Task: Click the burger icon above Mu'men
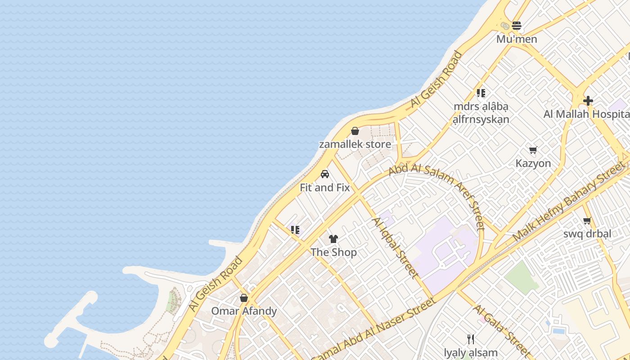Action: [517, 26]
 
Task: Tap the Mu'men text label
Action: [517, 39]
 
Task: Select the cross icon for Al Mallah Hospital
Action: [588, 101]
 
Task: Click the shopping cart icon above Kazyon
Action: [533, 150]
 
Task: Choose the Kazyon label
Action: [533, 163]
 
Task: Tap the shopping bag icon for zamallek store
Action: [355, 131]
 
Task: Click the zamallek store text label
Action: [355, 144]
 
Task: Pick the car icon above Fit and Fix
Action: [325, 174]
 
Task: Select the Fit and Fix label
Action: [325, 188]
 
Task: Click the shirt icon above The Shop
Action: [333, 239]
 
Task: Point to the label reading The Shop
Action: [333, 252]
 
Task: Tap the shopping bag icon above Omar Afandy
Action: [244, 298]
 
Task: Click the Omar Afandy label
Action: [244, 311]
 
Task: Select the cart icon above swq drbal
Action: [587, 220]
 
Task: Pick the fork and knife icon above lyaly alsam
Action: [471, 339]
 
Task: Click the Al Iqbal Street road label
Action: [395, 247]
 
